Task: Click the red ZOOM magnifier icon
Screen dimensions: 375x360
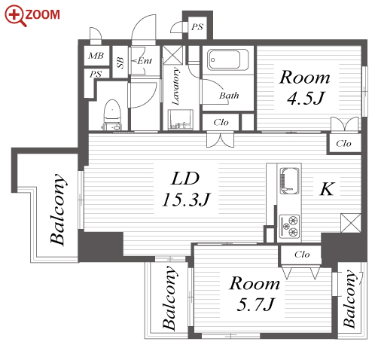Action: (15, 16)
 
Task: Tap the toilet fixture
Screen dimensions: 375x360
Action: (112, 114)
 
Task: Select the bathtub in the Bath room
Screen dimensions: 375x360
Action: (227, 59)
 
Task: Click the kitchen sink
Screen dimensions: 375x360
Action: (289, 181)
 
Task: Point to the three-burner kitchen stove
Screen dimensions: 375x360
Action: (289, 226)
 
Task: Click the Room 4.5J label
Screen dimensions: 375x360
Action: (305, 87)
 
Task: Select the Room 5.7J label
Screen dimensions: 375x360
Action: (255, 294)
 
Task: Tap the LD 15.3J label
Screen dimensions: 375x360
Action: (186, 189)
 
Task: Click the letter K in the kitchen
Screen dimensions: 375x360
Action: (327, 189)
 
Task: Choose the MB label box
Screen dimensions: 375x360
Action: (96, 56)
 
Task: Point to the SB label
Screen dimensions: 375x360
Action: (120, 63)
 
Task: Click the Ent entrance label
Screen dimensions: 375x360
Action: (144, 61)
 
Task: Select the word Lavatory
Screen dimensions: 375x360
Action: (175, 86)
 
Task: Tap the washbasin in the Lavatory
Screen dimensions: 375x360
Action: (181, 119)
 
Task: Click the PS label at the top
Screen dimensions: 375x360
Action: (197, 26)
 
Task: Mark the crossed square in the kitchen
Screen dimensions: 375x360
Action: (351, 223)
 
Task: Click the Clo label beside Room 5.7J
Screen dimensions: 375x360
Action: (302, 255)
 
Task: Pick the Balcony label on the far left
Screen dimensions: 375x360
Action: (58, 209)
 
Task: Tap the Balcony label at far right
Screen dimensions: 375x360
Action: (350, 299)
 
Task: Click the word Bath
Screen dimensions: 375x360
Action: (229, 96)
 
